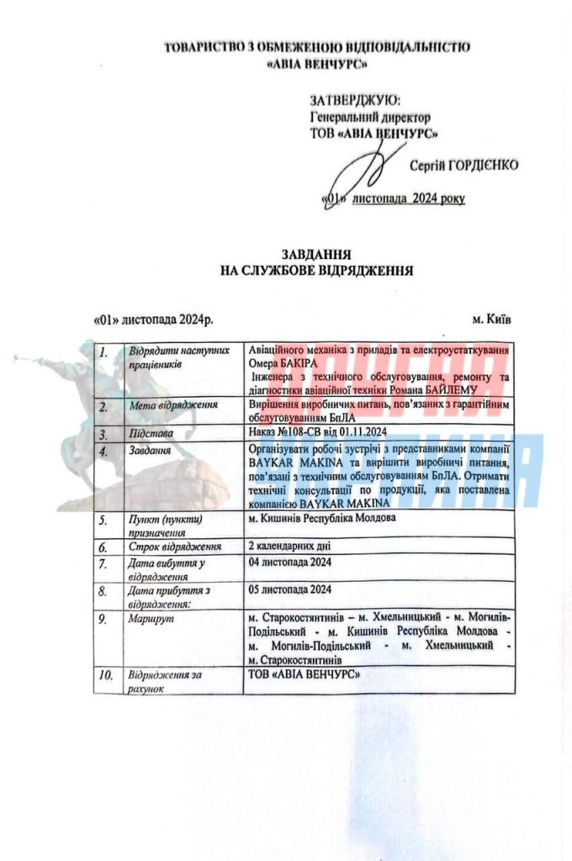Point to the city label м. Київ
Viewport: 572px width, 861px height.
[x=490, y=320]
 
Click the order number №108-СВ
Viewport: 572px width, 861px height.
[x=296, y=431]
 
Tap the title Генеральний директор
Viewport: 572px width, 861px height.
[x=370, y=117]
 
